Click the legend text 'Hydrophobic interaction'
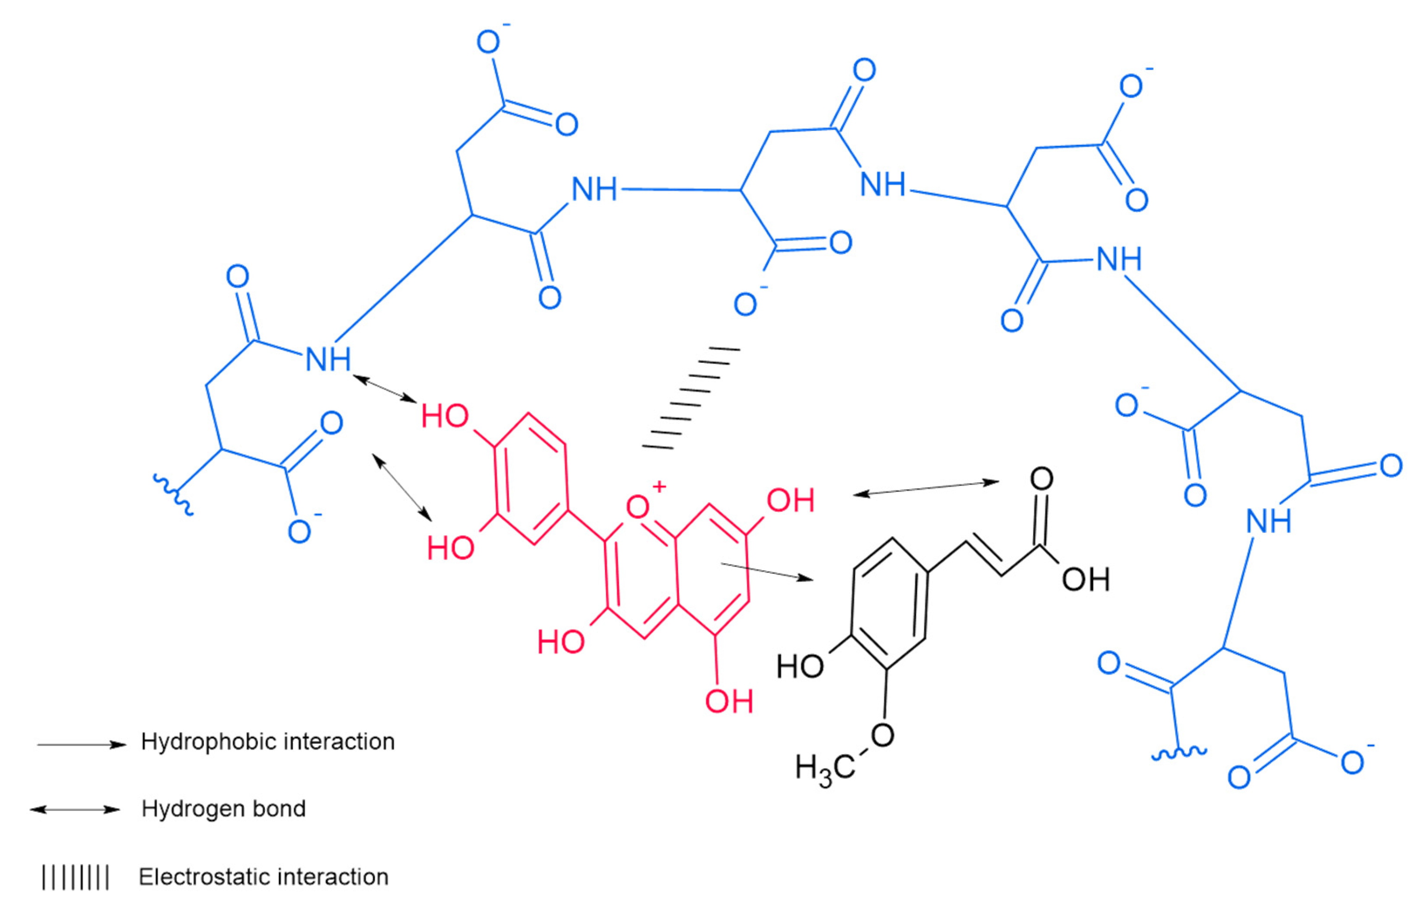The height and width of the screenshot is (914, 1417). [267, 742]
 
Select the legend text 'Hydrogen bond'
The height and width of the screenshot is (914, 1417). [223, 809]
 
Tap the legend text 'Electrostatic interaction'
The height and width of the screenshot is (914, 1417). [263, 877]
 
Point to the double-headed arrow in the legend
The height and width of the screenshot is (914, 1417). [75, 809]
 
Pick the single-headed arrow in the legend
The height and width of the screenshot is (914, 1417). [82, 744]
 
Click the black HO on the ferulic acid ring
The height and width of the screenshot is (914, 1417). [800, 666]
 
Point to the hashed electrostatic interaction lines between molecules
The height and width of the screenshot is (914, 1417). [691, 398]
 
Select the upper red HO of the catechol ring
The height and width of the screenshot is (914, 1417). [445, 417]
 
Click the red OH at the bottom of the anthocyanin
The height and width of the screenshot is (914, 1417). [729, 702]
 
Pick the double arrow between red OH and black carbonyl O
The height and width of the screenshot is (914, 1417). [926, 488]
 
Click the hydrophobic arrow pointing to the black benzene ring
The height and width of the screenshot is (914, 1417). [766, 571]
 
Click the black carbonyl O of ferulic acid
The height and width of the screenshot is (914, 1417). [1042, 479]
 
